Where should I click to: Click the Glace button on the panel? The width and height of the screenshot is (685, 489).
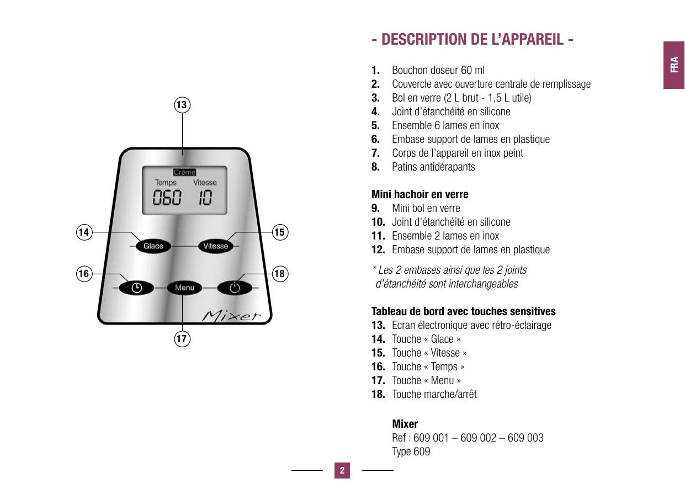click(x=153, y=246)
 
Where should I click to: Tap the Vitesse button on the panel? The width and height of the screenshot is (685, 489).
click(x=215, y=246)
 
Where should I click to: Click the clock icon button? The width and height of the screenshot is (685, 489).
click(x=136, y=288)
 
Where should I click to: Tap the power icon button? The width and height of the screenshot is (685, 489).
click(x=235, y=288)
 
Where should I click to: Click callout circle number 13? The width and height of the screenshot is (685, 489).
click(x=182, y=104)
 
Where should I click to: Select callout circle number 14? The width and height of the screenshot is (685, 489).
click(x=84, y=232)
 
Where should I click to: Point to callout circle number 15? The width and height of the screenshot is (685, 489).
click(x=280, y=232)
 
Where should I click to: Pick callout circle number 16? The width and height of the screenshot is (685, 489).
click(x=84, y=274)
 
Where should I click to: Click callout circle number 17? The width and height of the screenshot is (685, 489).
click(x=182, y=338)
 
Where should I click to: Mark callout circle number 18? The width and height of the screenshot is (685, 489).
click(x=280, y=274)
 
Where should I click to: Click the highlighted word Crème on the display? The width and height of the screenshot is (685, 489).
click(x=184, y=172)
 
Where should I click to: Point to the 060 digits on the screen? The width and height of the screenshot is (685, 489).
click(x=167, y=198)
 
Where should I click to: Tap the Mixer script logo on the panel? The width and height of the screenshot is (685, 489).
click(x=232, y=316)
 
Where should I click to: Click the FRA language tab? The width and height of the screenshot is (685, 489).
click(x=674, y=65)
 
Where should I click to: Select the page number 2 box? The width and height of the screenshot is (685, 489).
click(x=342, y=471)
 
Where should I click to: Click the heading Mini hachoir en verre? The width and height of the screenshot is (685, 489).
click(x=420, y=194)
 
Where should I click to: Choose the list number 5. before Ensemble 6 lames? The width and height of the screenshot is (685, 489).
click(x=376, y=125)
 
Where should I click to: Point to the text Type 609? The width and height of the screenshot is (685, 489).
click(x=411, y=451)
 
